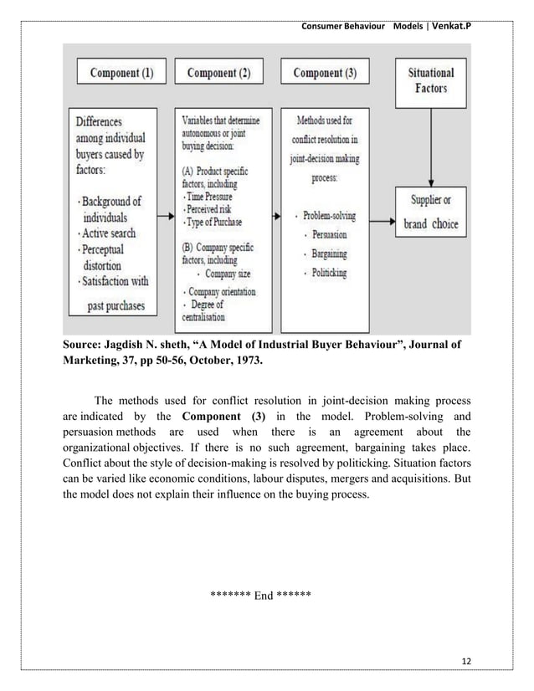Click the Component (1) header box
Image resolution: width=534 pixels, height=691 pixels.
click(x=121, y=73)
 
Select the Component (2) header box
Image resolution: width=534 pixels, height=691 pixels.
click(x=218, y=73)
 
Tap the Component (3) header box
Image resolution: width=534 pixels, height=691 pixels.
click(x=325, y=73)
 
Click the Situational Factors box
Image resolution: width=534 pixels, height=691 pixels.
click(x=430, y=80)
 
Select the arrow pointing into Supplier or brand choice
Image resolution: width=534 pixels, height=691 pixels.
click(x=381, y=222)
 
